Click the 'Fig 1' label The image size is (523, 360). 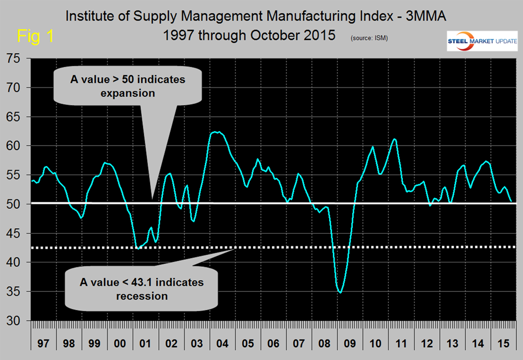tap(35, 37)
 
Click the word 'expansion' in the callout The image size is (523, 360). tap(127, 92)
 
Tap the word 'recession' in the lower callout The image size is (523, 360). tap(142, 296)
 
